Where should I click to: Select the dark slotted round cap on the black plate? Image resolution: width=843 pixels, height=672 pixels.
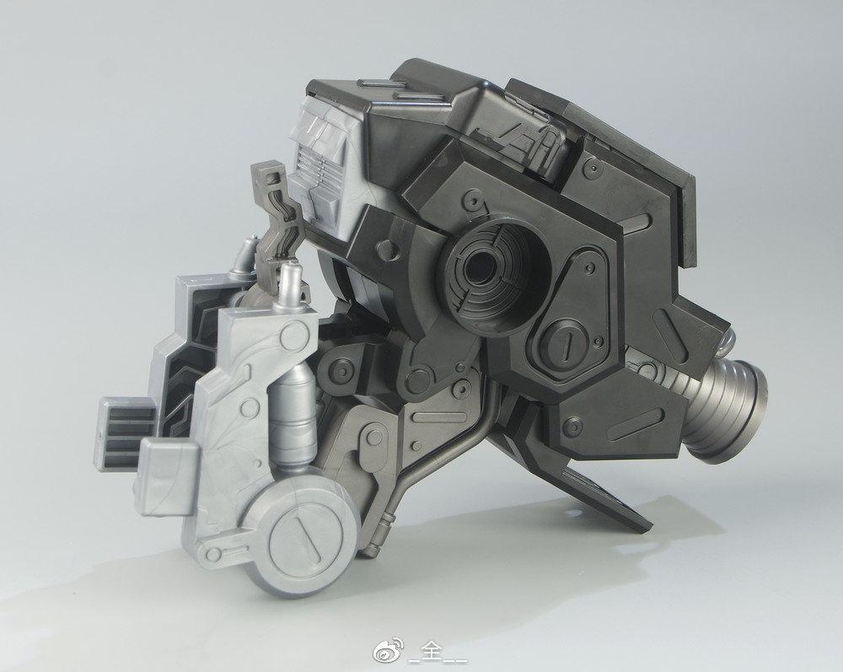tap(566, 342)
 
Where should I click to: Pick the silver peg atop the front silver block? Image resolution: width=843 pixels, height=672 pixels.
tap(290, 286)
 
